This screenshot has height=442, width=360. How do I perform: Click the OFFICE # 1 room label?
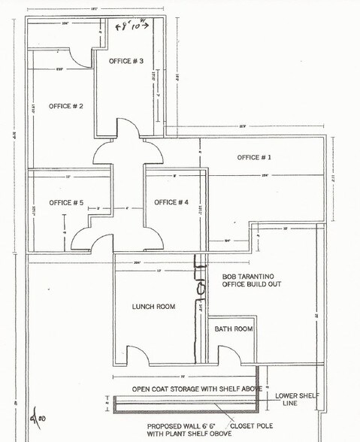point(254,158)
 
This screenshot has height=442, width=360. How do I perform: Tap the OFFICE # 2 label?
point(66,106)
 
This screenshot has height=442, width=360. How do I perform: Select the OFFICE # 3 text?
point(126,60)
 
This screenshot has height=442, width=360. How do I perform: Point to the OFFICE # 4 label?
point(171,202)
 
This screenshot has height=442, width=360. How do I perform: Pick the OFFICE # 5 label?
point(66,203)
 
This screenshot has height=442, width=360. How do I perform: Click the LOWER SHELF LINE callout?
point(297,399)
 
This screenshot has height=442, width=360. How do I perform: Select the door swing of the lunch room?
point(136,355)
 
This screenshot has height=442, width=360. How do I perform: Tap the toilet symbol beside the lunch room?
point(201,287)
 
